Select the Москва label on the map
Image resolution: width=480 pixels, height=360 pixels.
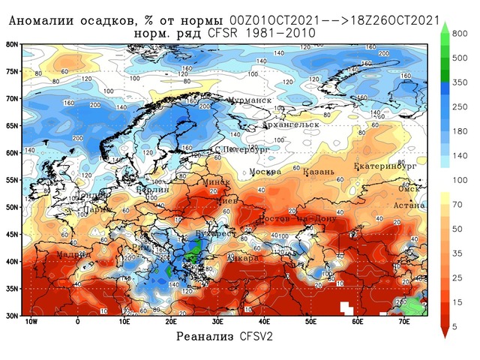coord(265,172)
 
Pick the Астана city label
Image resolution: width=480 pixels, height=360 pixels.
coord(411,205)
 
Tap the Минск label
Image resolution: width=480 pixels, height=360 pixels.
coord(217,182)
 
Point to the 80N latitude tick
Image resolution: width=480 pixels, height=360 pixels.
coord(12,44)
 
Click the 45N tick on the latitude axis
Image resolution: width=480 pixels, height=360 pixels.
coord(12,234)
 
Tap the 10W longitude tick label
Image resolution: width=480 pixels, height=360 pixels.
coord(31,322)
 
